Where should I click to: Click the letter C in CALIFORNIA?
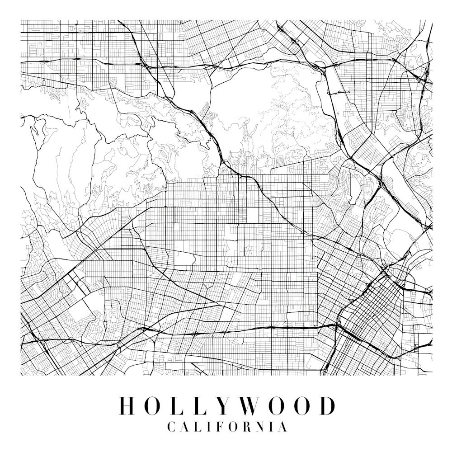point(171,427)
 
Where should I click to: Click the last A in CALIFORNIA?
point(283,427)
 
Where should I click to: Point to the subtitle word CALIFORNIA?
point(227,427)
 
